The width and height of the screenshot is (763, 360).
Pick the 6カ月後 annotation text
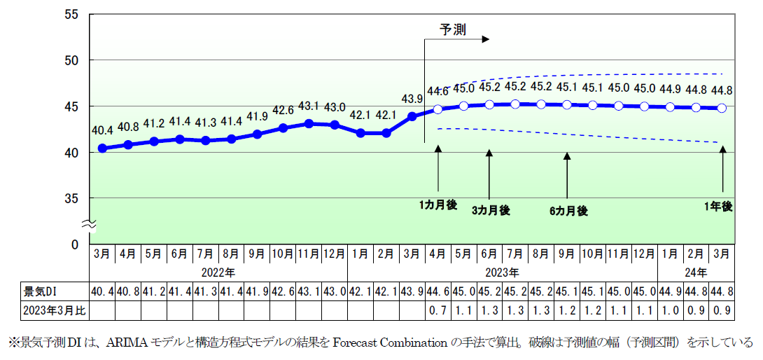(x=568, y=211)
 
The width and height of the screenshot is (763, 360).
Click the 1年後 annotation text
(x=718, y=206)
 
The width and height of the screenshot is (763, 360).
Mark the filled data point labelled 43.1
(x=309, y=123)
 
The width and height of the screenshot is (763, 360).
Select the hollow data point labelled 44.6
(x=438, y=109)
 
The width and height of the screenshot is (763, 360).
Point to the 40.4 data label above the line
(x=102, y=130)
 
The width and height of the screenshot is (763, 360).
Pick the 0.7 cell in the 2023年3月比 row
(x=438, y=309)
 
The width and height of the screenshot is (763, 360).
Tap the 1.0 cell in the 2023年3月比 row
(x=671, y=309)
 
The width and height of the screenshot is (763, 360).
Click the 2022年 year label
(x=218, y=272)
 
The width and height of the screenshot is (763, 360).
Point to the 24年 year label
(x=696, y=272)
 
